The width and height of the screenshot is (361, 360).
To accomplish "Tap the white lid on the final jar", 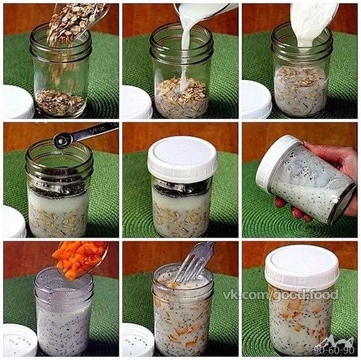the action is click(302, 264).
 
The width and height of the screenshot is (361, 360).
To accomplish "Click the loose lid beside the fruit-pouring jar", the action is click(20, 340).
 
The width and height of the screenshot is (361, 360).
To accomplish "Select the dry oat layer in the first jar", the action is click(60, 102).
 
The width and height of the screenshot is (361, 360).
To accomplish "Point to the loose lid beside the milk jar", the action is click(137, 102).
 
